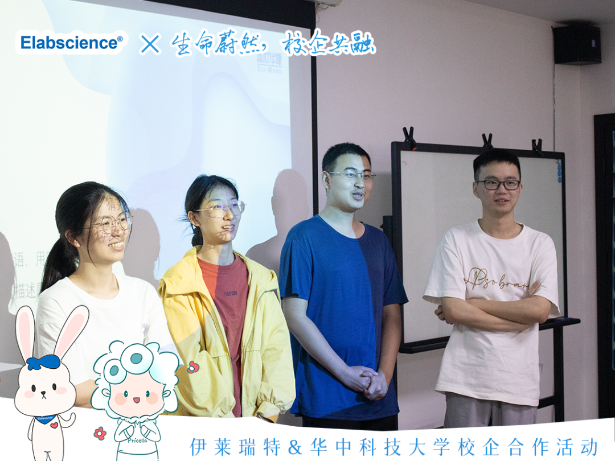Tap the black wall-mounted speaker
point(576,44)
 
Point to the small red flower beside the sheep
point(100,434)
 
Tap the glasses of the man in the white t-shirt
point(499,184)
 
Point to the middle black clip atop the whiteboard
point(487,141)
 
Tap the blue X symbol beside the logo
point(150,44)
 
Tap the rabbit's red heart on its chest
point(54,425)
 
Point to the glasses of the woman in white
point(111,223)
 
